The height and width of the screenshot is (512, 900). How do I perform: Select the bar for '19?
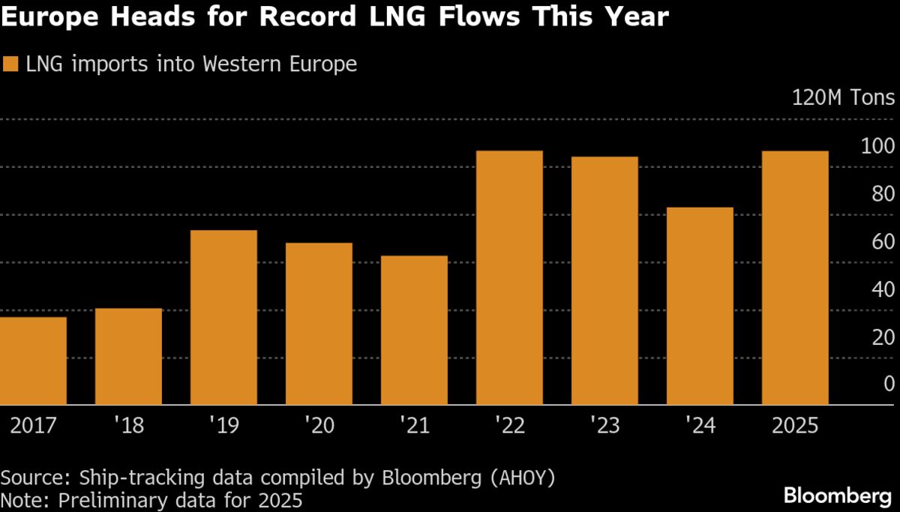223,318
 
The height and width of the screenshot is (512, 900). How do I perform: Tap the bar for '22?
509,278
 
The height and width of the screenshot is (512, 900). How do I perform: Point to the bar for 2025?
795,278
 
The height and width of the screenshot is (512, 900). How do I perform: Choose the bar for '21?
414,331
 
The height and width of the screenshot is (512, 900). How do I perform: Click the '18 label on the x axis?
128,426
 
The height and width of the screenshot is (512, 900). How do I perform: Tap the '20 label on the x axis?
319,426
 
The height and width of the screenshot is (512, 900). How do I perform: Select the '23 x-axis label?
604,426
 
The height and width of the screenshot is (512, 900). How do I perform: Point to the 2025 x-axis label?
795,426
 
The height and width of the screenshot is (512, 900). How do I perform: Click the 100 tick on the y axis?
878,146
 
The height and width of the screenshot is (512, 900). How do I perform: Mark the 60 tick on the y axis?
883,241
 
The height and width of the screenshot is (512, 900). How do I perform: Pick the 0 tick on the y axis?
889,384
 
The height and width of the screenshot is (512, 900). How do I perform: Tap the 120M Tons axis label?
843,98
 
